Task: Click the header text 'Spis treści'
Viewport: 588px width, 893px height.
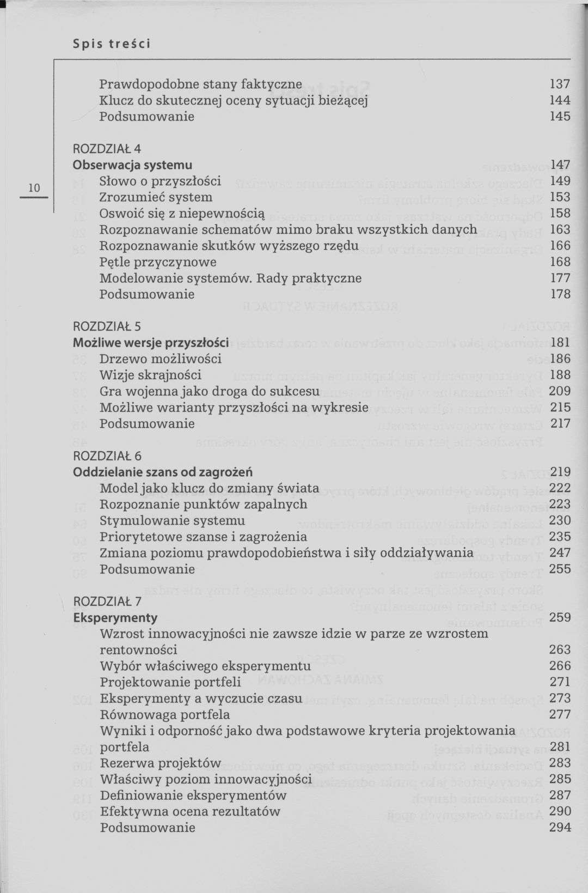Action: point(111,43)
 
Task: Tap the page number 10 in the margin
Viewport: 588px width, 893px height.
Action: point(34,188)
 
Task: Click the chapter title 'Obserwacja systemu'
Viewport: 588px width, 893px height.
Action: point(132,165)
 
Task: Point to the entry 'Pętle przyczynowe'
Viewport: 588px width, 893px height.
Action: point(158,262)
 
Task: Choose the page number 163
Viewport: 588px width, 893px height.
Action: point(560,229)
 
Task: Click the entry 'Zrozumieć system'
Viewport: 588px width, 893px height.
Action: point(156,197)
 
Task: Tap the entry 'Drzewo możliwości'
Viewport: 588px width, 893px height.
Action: point(161,359)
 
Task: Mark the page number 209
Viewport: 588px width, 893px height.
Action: point(560,391)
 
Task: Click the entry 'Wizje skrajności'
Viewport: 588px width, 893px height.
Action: point(150,375)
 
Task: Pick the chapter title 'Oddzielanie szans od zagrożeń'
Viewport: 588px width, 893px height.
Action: point(163,472)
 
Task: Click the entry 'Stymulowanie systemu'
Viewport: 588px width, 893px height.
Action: point(172,521)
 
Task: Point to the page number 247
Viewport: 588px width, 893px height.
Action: point(560,553)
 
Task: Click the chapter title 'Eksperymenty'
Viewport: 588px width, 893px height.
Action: point(115,618)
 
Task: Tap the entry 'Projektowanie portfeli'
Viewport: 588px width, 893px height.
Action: point(170,682)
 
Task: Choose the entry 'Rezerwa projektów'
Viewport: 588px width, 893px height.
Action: point(161,763)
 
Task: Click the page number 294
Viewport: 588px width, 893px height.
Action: point(560,828)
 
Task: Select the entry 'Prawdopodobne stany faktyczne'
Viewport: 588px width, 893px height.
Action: point(200,84)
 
